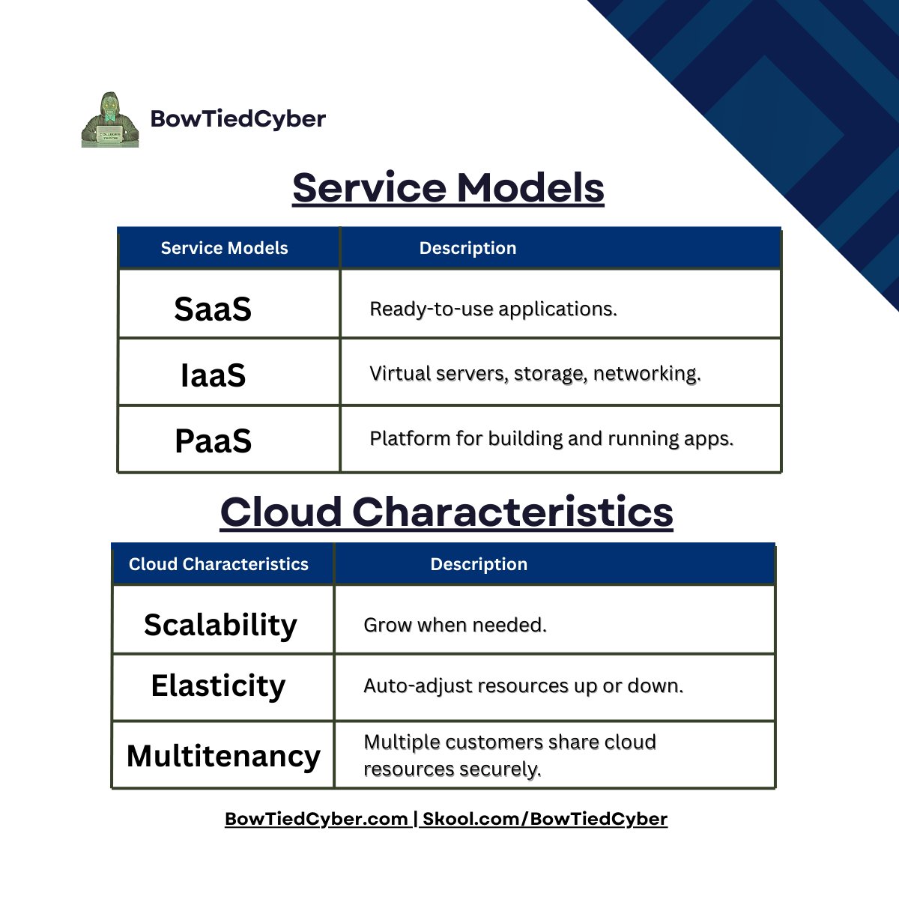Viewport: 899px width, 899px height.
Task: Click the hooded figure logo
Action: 110,120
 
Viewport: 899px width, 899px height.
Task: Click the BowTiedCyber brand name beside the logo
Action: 238,119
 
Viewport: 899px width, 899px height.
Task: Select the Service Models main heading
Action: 448,187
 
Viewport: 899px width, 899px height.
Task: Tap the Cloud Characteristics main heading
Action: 447,512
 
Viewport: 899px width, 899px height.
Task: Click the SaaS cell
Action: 213,309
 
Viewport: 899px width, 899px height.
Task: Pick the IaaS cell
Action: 214,375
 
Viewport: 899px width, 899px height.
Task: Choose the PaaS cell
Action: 214,441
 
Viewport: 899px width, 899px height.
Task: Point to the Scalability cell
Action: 220,625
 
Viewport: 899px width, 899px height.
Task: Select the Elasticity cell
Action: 218,685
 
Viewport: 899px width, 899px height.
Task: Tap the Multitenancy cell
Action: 223,755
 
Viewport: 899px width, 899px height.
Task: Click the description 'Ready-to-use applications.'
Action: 493,309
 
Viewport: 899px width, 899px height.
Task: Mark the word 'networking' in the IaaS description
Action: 646,374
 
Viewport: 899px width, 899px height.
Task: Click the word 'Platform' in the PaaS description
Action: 410,438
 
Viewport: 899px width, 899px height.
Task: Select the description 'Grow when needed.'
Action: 455,625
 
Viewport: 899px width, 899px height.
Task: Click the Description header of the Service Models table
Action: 467,248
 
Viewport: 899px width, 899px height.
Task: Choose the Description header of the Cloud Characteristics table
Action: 479,564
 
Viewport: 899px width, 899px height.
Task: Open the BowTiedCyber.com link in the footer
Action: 316,819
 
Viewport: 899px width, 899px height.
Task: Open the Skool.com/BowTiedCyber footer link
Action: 545,819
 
